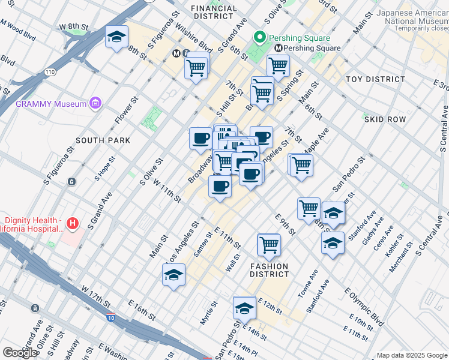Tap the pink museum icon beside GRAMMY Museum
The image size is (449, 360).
click(x=95, y=104)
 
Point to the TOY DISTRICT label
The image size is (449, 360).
click(x=375, y=79)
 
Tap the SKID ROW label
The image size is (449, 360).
click(x=385, y=119)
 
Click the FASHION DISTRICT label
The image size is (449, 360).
click(x=269, y=270)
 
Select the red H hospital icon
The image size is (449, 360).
click(x=73, y=224)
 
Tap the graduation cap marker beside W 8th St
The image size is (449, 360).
click(x=116, y=37)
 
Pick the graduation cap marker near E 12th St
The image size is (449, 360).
click(x=244, y=308)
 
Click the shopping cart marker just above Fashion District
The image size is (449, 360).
click(x=268, y=244)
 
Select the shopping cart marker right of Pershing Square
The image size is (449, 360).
click(x=278, y=65)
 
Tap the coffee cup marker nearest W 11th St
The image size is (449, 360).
click(x=220, y=186)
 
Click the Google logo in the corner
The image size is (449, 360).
click(x=19, y=353)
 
